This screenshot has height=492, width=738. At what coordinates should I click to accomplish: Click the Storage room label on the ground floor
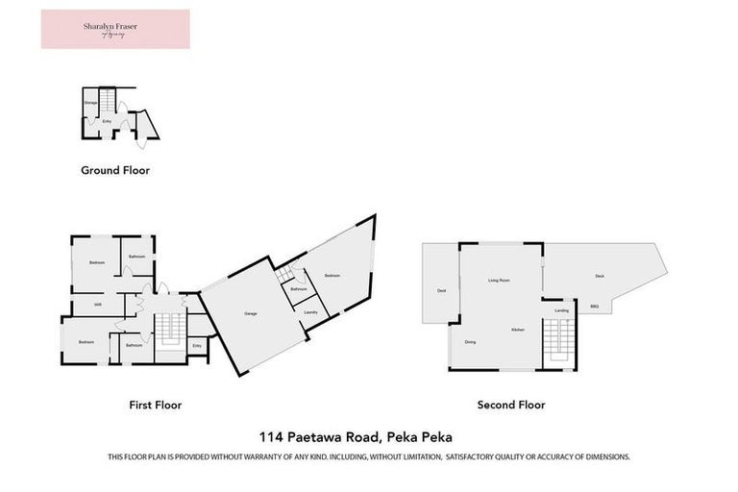(91, 102)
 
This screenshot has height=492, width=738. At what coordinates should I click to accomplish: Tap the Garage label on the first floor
(251, 314)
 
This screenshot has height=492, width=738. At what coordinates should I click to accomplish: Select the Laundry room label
(310, 312)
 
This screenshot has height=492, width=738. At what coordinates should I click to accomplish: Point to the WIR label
(98, 306)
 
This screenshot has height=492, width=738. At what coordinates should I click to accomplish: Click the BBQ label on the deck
(595, 306)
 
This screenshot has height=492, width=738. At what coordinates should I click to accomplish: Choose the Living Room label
(499, 280)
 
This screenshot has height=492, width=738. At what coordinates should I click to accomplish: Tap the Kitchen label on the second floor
(517, 330)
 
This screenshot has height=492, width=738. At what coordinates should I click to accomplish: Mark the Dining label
(470, 342)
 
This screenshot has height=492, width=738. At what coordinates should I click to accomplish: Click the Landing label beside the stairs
(562, 310)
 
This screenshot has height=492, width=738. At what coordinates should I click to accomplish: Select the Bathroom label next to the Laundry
(299, 288)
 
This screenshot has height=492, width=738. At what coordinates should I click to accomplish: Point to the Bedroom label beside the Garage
(332, 276)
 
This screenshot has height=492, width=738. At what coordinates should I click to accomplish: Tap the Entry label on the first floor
(197, 346)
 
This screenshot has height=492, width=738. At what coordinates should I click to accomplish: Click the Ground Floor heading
(114, 170)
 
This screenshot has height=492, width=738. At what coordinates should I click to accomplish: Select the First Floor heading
(156, 405)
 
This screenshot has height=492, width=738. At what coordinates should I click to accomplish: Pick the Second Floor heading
(511, 405)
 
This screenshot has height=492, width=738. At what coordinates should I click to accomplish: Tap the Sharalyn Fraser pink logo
(115, 29)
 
